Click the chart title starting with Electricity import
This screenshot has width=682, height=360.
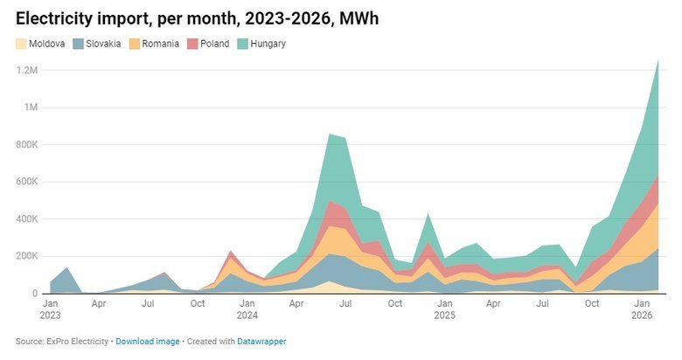pos(197,17)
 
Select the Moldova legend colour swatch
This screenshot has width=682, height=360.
pos(21,44)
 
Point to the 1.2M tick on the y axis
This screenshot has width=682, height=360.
pos(25,70)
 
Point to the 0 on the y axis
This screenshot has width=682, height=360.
pos(34,294)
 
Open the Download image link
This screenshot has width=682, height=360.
pos(148,341)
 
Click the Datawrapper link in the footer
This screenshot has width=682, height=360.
pos(261,341)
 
